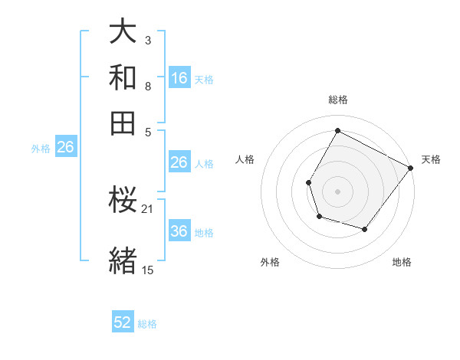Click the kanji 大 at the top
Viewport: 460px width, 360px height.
[123, 33]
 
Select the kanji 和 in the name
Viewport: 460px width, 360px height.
[123, 78]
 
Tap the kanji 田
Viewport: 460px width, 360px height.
[123, 123]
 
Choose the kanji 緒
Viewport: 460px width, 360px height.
[123, 260]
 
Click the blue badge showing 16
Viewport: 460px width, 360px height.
[179, 78]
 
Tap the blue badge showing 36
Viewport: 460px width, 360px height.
[179, 231]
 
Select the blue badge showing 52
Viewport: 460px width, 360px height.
[123, 322]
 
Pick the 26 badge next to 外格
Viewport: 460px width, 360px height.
[65, 148]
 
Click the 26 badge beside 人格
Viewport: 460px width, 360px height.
[179, 162]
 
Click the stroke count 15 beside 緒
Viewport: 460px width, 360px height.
[147, 270]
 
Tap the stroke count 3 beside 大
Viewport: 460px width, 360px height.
[147, 38]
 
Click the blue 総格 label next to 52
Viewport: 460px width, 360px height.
[147, 324]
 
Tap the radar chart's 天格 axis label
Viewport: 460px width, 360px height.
[431, 159]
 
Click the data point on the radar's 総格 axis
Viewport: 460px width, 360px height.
[337, 130]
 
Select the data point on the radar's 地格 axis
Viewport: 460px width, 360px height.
[365, 229]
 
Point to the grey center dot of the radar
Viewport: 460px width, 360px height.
[337, 191]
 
